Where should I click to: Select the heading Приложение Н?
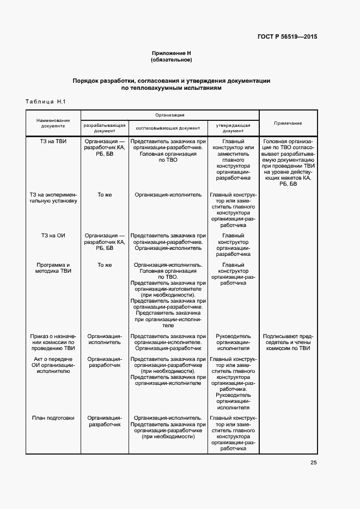click(x=172, y=53)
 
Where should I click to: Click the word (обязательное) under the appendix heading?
click(x=172, y=60)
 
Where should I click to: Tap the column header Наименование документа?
click(x=53, y=123)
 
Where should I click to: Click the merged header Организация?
click(x=169, y=115)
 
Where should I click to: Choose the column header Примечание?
click(x=288, y=123)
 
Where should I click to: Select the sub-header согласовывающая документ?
click(x=168, y=128)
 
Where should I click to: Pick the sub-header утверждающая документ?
click(x=233, y=128)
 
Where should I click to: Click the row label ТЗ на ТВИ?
click(x=53, y=142)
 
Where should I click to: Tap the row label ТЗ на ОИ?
click(x=53, y=235)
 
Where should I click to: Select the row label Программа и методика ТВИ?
click(x=53, y=268)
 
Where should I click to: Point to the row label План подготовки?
click(x=53, y=418)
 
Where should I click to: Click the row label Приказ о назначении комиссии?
click(x=53, y=342)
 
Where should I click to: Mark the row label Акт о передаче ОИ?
click(x=53, y=366)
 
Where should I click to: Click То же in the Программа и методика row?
click(x=105, y=265)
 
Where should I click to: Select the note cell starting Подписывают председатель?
click(x=287, y=342)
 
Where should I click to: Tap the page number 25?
click(x=313, y=463)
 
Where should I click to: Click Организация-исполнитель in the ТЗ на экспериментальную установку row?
click(x=168, y=194)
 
